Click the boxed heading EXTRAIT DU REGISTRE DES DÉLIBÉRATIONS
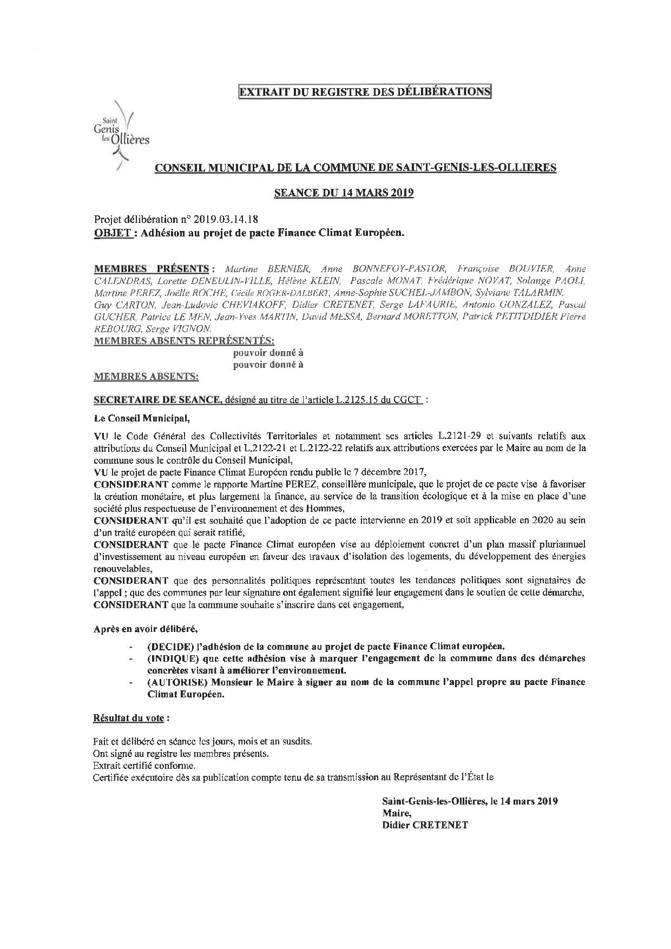[365, 92]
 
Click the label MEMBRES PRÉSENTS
[152, 269]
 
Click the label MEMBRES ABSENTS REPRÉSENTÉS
[184, 341]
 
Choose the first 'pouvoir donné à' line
[268, 353]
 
